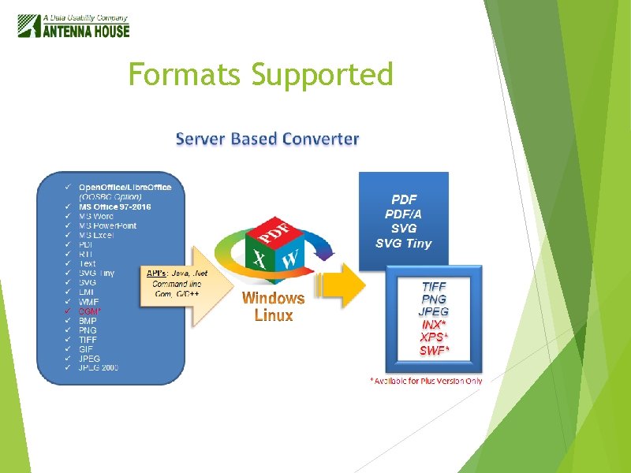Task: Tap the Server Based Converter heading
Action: (x=267, y=140)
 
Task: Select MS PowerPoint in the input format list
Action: (x=107, y=225)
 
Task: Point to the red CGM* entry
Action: (x=89, y=311)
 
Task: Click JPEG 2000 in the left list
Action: (x=99, y=368)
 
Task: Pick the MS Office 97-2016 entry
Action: (x=114, y=207)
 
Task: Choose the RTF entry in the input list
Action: (x=87, y=254)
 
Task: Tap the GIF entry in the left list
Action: (x=86, y=349)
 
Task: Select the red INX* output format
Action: (x=434, y=324)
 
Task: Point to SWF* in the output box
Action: (x=434, y=350)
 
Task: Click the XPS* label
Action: (x=434, y=337)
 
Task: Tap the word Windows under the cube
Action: (x=273, y=298)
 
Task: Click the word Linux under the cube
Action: (x=273, y=315)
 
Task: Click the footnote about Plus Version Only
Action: (x=426, y=381)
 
